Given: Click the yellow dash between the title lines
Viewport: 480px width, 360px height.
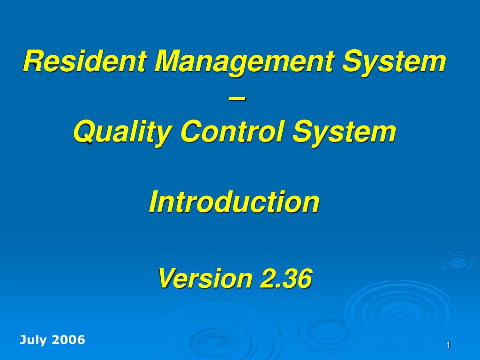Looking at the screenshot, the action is pos(237,98).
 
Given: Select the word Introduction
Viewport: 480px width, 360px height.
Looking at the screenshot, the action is pos(234,202).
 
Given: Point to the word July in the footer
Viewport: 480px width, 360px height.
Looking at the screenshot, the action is pos(33,340).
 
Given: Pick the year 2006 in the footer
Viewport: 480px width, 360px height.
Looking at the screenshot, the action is pos(68,340).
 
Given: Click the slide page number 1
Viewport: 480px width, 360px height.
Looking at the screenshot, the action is pos(449,345).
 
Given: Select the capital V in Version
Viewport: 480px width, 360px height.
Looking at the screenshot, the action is pos(168,277).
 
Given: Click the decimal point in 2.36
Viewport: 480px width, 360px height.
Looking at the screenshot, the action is pos(277,286).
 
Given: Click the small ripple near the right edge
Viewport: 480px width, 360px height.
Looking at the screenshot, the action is pos(457,262).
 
